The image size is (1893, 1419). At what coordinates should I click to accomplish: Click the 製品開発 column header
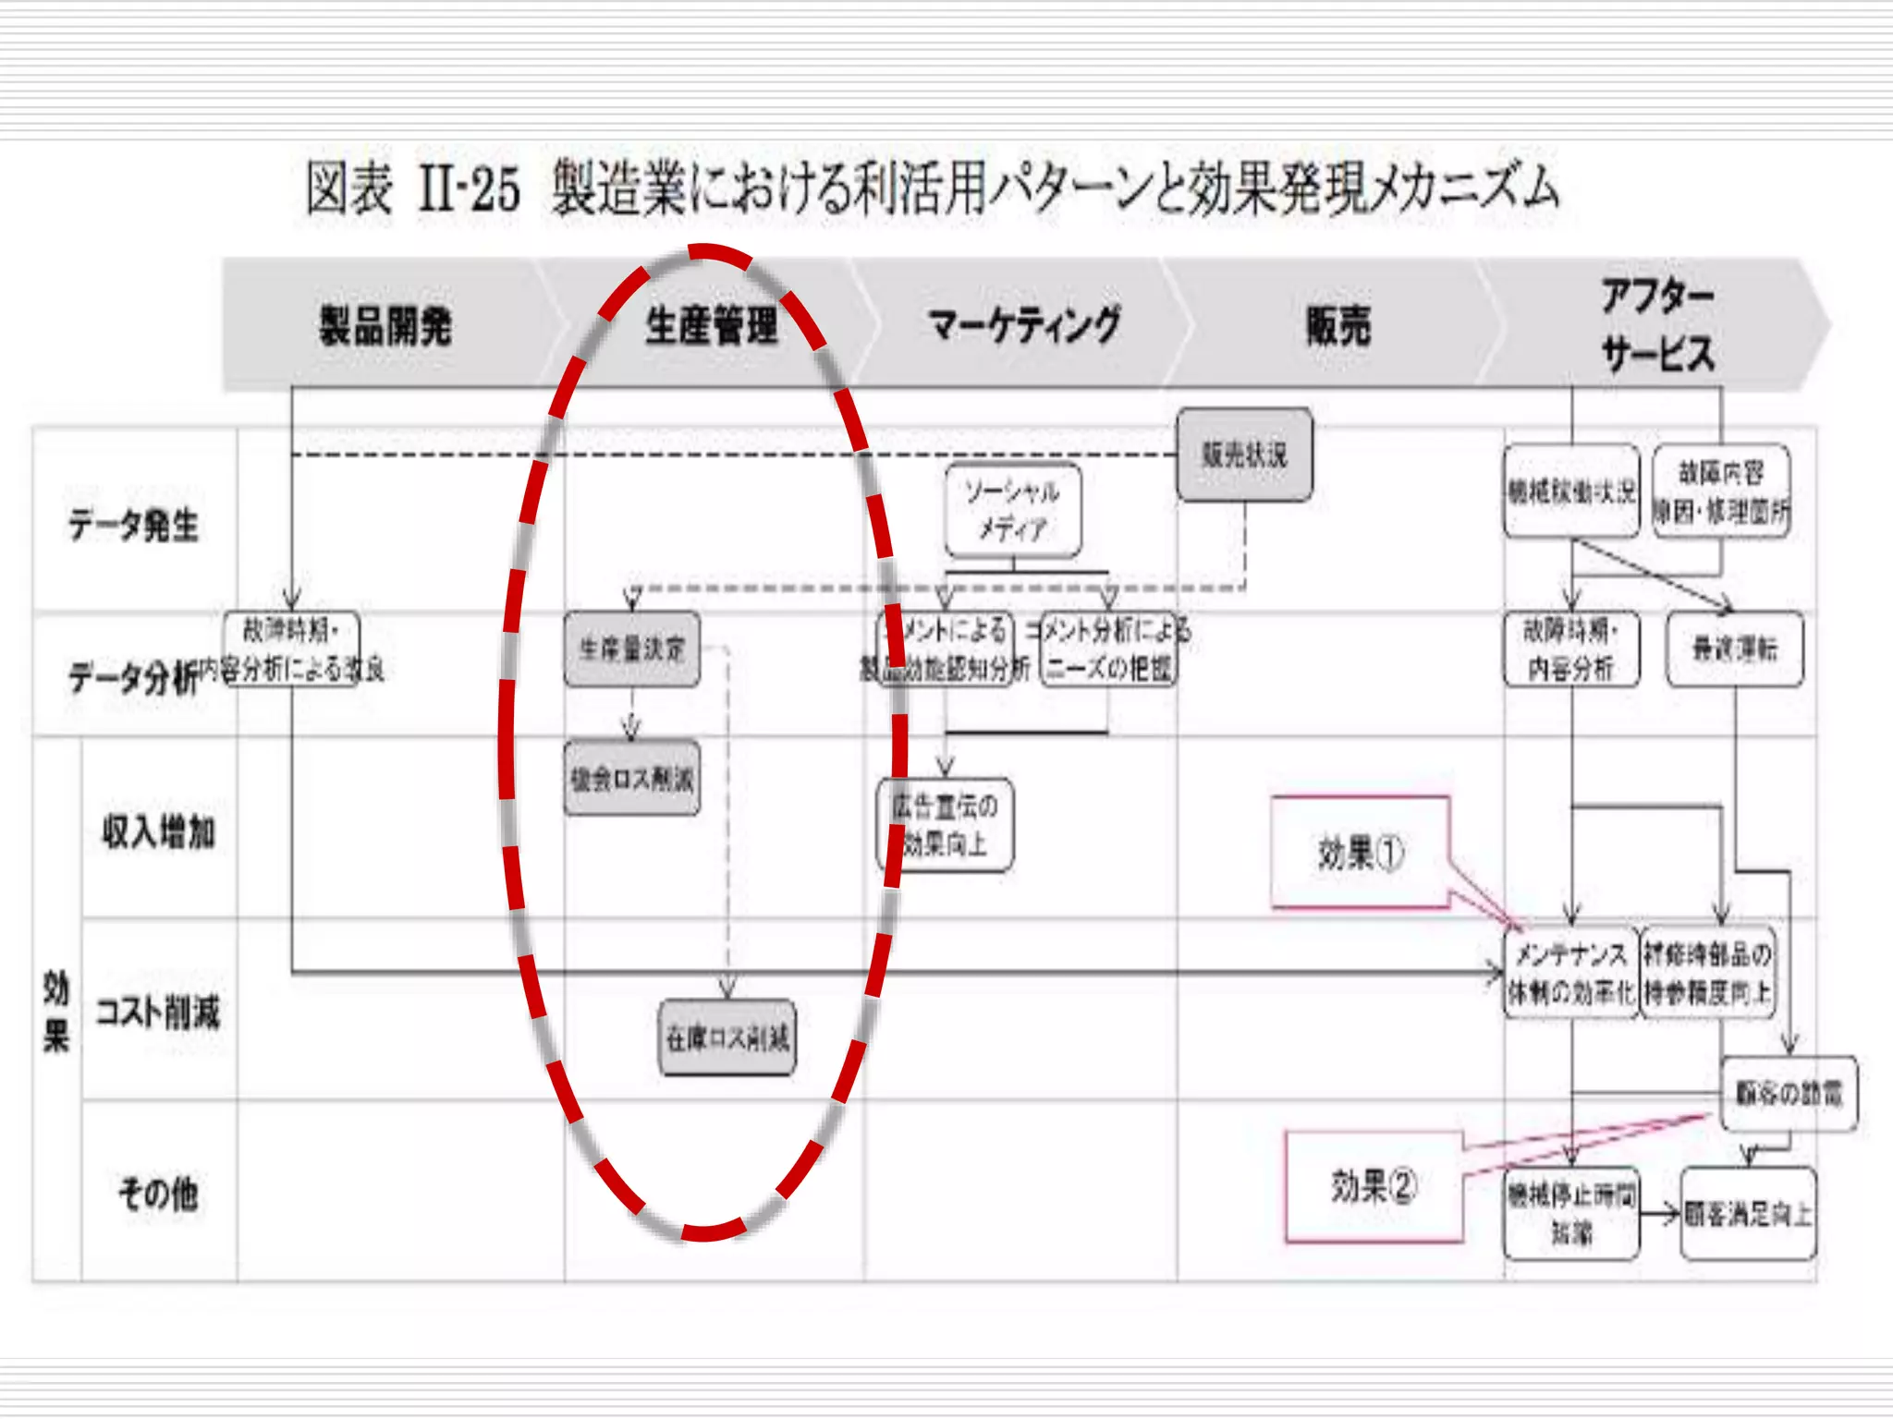pyautogui.click(x=385, y=325)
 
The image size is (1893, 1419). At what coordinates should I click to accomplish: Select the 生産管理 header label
pyautogui.click(x=711, y=325)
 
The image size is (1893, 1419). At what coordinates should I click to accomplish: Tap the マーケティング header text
pyautogui.click(x=1024, y=325)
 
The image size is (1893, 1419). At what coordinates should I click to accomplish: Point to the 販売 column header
pyautogui.click(x=1337, y=325)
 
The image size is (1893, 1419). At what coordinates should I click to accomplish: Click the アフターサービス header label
pyautogui.click(x=1658, y=325)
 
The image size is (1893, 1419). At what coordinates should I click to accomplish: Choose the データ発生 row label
pyautogui.click(x=133, y=525)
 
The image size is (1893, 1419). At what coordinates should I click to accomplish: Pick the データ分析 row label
pyautogui.click(x=133, y=677)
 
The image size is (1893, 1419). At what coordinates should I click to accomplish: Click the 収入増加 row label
pyautogui.click(x=158, y=831)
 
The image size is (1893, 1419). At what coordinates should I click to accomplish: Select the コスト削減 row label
pyautogui.click(x=158, y=1013)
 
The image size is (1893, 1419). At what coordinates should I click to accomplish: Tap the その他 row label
pyautogui.click(x=158, y=1194)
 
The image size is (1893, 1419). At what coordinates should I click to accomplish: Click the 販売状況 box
pyautogui.click(x=1244, y=455)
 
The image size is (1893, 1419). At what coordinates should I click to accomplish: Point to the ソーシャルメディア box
pyautogui.click(x=1013, y=511)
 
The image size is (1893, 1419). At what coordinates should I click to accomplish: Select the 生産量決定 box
pyautogui.click(x=632, y=649)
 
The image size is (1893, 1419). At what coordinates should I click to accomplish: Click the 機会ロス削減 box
pyautogui.click(x=632, y=779)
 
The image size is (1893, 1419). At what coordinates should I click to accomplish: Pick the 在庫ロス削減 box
pyautogui.click(x=727, y=1038)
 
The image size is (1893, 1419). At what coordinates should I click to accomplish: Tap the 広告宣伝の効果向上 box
pyautogui.click(x=945, y=825)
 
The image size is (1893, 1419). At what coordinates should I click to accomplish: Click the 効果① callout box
pyautogui.click(x=1360, y=852)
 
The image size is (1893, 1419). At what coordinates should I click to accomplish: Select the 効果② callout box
pyautogui.click(x=1374, y=1186)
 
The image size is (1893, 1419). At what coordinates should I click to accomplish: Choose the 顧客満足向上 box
pyautogui.click(x=1748, y=1213)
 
